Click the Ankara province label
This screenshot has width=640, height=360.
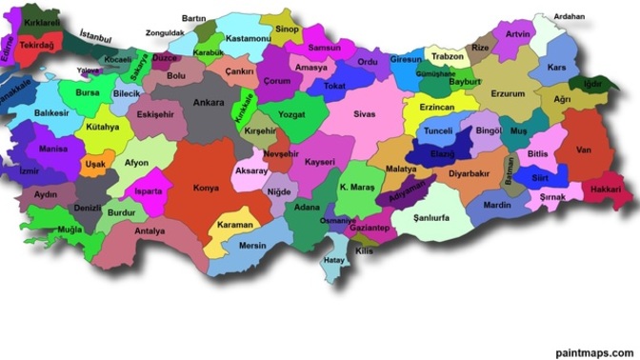pyautogui.click(x=208, y=103)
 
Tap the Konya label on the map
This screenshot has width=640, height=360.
pyautogui.click(x=206, y=189)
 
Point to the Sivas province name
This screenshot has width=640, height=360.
pyautogui.click(x=365, y=114)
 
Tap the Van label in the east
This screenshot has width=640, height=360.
pyautogui.click(x=585, y=150)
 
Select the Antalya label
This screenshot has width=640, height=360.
pyautogui.click(x=150, y=230)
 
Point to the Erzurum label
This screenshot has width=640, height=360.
pyautogui.click(x=508, y=94)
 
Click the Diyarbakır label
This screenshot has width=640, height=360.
pyautogui.click(x=469, y=174)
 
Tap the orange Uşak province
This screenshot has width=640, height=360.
pyautogui.click(x=96, y=164)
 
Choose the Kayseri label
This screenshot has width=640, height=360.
pyautogui.click(x=319, y=163)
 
